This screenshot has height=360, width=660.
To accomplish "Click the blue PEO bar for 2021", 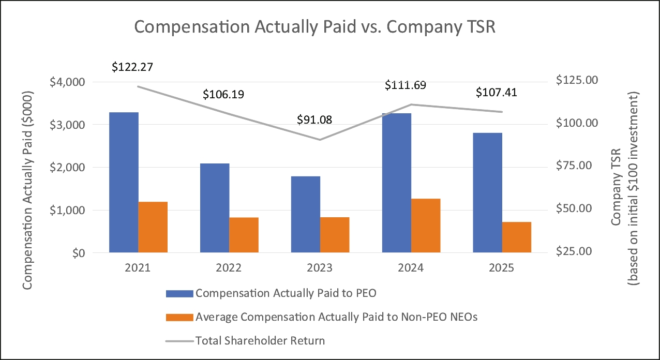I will click(x=124, y=183).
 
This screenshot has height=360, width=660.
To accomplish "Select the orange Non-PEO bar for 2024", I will click(x=426, y=226).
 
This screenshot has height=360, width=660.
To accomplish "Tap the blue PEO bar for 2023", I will click(x=306, y=215).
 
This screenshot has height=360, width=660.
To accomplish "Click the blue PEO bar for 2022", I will click(x=215, y=208).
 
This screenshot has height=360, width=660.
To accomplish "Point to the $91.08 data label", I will click(x=314, y=119).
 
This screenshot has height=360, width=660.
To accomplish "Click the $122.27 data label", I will click(x=132, y=67).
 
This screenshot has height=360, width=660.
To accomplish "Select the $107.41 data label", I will click(x=496, y=93).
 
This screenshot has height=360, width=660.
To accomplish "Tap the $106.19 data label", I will click(x=223, y=95).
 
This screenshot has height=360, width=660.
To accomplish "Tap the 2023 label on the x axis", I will click(x=320, y=268).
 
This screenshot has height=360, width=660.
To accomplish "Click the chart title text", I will click(x=315, y=27).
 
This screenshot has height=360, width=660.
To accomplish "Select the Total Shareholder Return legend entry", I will click(x=260, y=340).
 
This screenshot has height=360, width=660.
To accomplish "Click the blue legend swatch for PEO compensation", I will click(x=179, y=293).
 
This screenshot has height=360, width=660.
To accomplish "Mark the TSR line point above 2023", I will click(x=320, y=140).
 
